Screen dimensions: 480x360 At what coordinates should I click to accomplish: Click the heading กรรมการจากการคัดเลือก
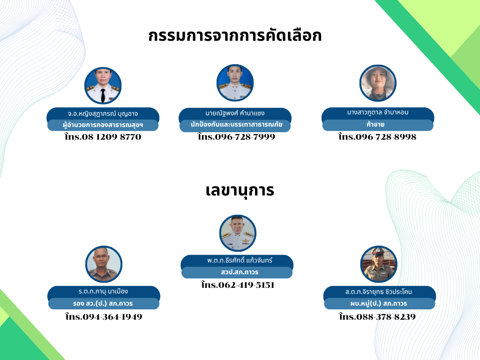tap(235, 36)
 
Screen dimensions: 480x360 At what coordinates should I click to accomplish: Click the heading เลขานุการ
tap(240, 190)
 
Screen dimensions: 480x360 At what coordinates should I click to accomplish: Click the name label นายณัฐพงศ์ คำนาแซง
tap(235, 113)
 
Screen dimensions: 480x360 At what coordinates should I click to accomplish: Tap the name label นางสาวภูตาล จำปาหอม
tap(378, 112)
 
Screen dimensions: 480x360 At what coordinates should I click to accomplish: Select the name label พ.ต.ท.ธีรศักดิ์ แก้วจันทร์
tap(240, 261)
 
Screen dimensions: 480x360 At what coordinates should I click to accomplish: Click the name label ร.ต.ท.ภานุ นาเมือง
tap(103, 292)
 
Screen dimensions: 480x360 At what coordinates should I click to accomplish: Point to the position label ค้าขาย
tap(375, 124)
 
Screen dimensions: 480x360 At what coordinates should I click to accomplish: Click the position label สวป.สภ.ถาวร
tap(240, 272)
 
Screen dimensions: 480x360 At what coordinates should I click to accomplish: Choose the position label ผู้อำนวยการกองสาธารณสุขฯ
tap(103, 125)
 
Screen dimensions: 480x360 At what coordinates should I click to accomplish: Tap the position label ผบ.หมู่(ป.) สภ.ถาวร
tap(379, 303)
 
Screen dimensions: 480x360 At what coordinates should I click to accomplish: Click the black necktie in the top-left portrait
tap(103, 95)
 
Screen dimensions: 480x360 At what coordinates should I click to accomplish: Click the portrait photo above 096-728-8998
tap(378, 83)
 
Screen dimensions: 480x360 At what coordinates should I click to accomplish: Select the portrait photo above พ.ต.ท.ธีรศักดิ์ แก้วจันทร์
tap(238, 233)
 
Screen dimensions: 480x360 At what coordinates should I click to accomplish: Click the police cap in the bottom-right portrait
tap(378, 251)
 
